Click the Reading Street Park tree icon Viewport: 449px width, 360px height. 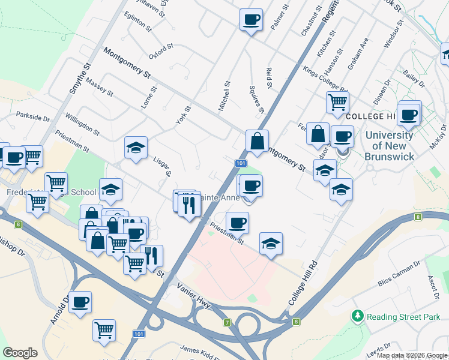(x=358, y=315)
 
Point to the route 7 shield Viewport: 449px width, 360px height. (x=228, y=323)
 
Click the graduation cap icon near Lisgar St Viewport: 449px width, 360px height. (x=136, y=147)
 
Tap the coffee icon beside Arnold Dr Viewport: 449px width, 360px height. (x=80, y=302)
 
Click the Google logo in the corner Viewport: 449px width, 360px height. (x=20, y=352)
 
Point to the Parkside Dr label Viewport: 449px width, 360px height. (x=33, y=116)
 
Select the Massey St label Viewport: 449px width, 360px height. (x=99, y=86)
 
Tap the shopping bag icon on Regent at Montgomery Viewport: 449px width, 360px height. (x=257, y=142)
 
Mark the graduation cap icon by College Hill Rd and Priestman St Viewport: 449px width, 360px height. (x=271, y=243)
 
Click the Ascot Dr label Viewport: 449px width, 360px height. (x=433, y=287)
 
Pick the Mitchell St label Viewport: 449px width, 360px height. (x=226, y=97)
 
